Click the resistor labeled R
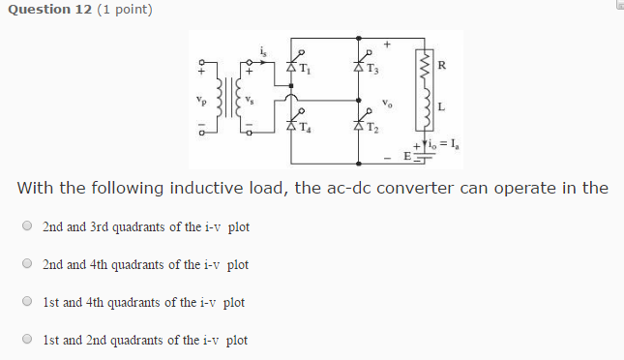(423, 67)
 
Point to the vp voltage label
(199, 99)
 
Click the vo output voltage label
(387, 101)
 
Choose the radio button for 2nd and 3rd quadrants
(28, 226)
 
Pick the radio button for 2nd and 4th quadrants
(28, 264)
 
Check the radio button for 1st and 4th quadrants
(28, 302)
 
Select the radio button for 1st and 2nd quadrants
(28, 340)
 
